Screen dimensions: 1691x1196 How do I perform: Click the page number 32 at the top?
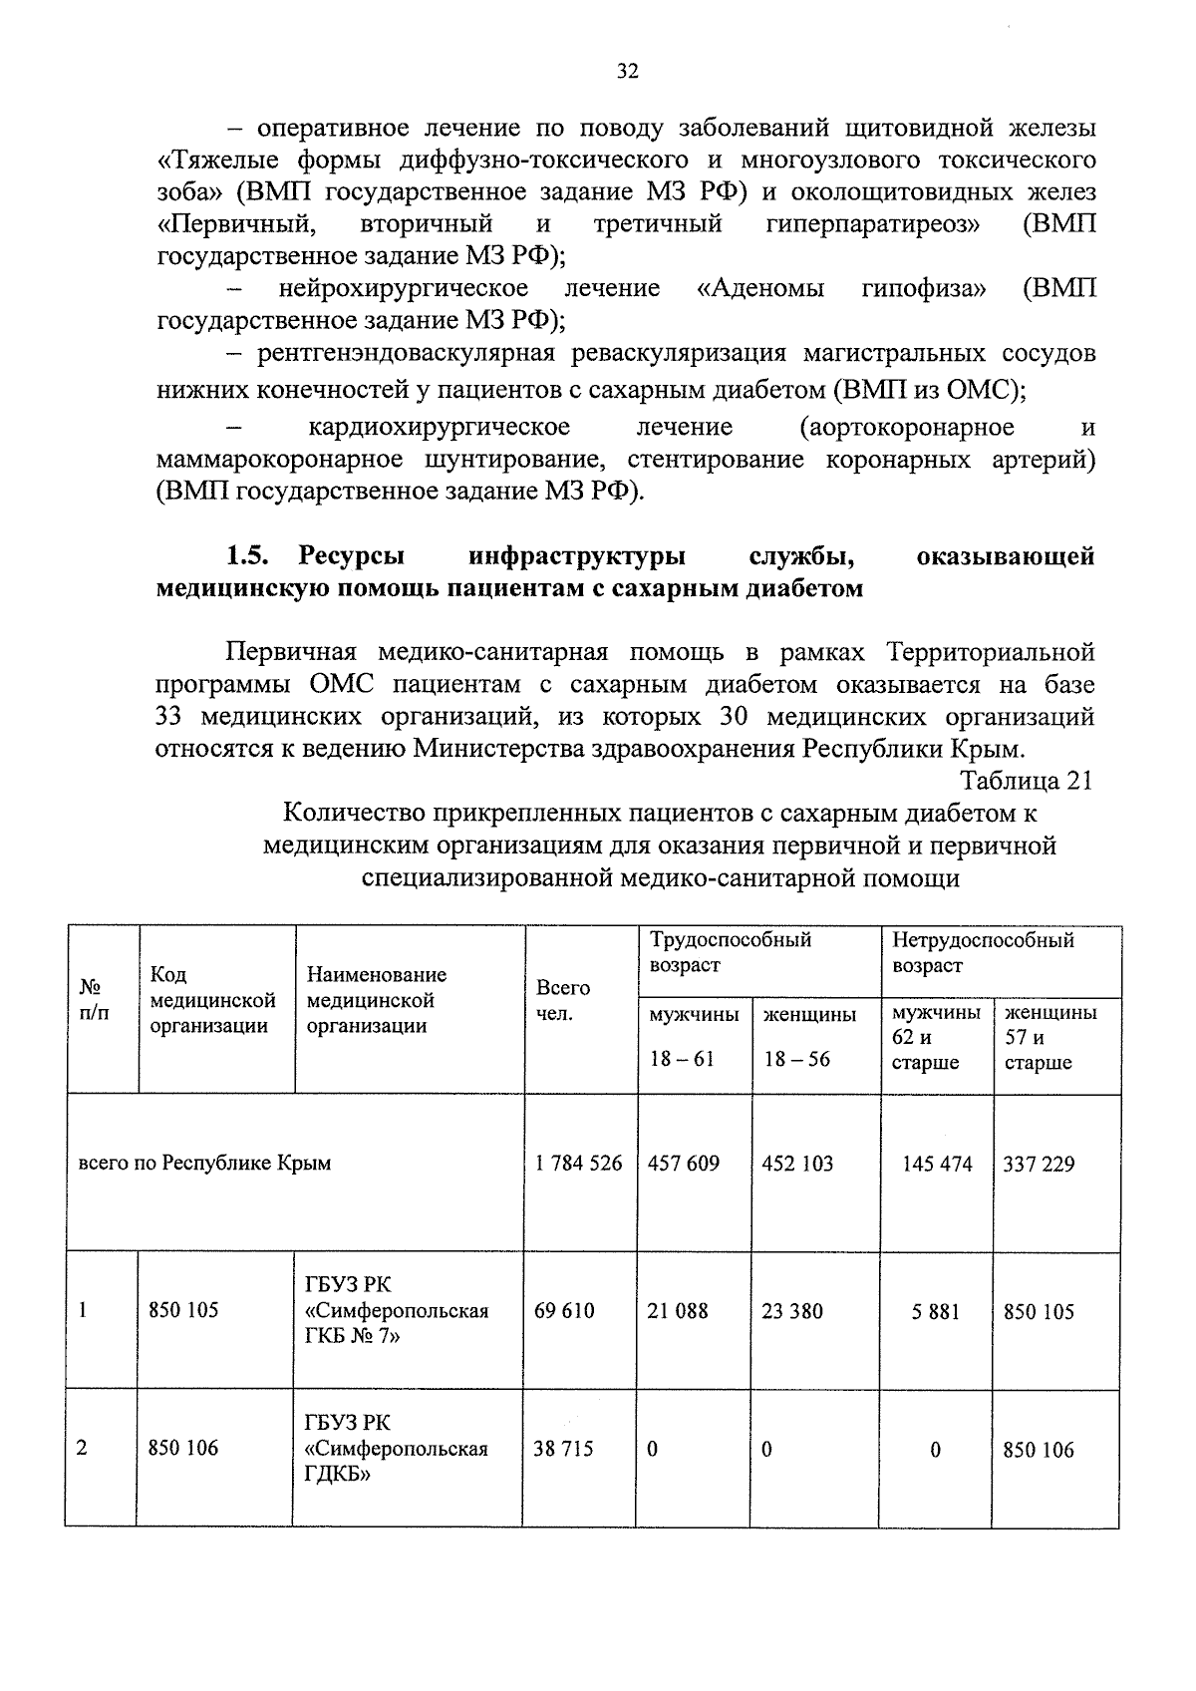click(x=627, y=71)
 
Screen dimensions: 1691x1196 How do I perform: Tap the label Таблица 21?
click(x=1027, y=780)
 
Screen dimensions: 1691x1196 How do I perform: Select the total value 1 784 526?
click(x=578, y=1164)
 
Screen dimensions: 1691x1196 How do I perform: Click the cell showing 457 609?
click(x=684, y=1164)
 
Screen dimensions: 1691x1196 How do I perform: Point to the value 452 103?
click(x=797, y=1164)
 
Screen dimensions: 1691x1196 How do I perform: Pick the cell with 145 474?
click(x=937, y=1164)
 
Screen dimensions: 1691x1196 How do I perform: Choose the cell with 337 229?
click(x=1039, y=1164)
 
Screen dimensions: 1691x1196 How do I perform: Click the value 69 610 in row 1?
click(x=564, y=1310)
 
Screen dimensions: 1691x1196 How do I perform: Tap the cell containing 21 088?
click(x=678, y=1310)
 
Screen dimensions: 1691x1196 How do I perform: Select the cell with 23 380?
click(x=792, y=1310)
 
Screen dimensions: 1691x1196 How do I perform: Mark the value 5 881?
click(x=935, y=1311)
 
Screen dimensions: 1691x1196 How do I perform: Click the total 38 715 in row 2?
click(x=563, y=1448)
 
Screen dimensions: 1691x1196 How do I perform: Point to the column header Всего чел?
click(x=563, y=1000)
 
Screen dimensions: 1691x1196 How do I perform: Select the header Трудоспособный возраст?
click(x=731, y=952)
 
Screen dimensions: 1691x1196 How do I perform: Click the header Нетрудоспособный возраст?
click(x=983, y=952)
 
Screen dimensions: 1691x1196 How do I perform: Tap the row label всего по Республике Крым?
click(x=205, y=1164)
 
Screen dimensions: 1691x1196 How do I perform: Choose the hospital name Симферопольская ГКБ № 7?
click(x=397, y=1310)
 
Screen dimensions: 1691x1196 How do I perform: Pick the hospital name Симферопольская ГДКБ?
click(x=397, y=1448)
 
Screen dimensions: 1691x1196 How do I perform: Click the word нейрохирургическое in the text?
click(x=404, y=289)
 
